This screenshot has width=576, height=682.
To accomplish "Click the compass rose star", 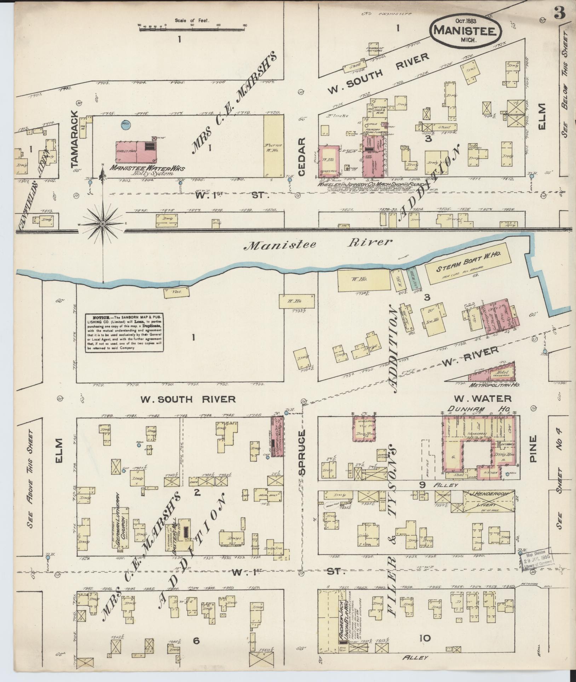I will pos(103,224).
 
